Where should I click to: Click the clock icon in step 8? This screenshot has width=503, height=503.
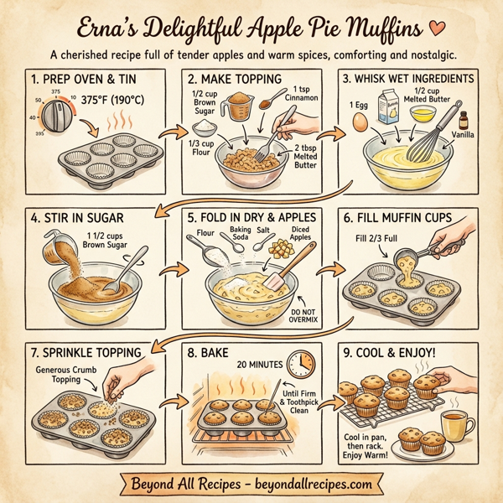pyautogui.click(x=299, y=363)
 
